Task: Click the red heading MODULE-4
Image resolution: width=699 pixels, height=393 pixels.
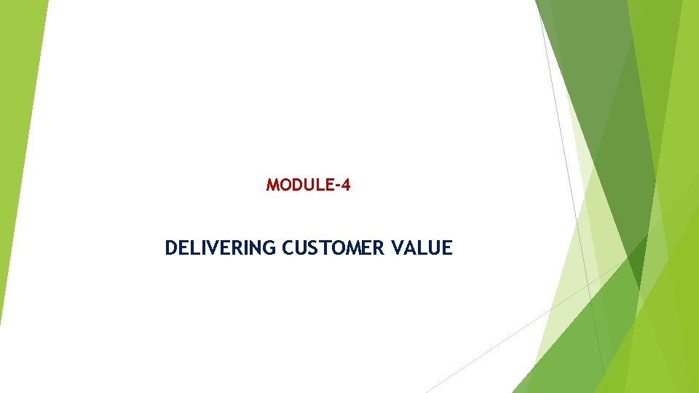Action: [308, 185]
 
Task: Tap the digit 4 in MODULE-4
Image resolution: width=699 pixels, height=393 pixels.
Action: [345, 185]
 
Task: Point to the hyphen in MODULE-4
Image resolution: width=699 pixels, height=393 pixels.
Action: [336, 186]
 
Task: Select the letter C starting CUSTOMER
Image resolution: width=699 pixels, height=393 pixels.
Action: [288, 248]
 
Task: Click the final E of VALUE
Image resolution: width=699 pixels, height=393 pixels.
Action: [447, 248]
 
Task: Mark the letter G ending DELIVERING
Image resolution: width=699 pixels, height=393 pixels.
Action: [269, 248]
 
